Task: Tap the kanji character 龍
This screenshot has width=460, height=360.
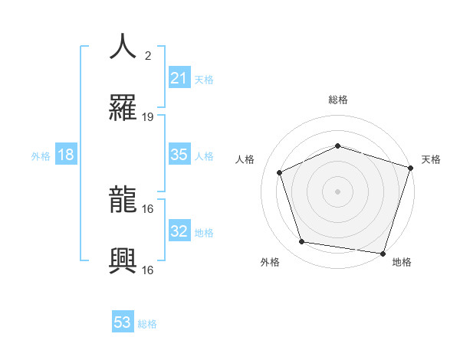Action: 123,199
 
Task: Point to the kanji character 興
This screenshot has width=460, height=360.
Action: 123,260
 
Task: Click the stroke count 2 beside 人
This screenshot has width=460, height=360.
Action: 148,55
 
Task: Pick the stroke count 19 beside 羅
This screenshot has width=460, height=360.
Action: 148,117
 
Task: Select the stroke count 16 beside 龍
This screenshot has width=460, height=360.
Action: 148,208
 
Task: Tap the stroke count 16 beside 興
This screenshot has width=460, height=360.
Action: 148,270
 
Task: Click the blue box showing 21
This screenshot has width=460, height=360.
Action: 179,78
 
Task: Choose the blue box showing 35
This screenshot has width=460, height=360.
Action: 179,155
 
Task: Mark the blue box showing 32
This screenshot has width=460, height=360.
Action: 179,231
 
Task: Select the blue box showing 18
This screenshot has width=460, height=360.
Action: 66,155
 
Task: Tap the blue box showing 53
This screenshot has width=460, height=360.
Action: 123,322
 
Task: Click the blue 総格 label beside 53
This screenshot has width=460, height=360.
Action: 147,324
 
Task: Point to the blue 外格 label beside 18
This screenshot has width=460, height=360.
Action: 41,156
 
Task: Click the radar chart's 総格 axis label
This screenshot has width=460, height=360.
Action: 338,100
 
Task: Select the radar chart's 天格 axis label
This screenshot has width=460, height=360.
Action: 431,159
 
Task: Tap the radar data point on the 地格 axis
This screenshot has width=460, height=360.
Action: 383,253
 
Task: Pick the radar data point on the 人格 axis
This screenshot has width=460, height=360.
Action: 280,172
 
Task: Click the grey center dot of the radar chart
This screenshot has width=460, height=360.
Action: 337,191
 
